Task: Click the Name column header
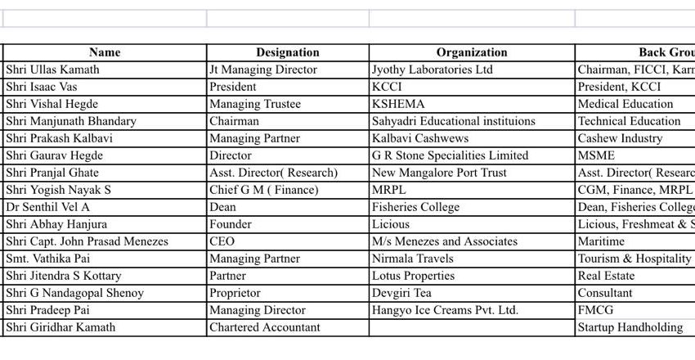[x=105, y=52]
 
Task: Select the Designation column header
[x=287, y=52]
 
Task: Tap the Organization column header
[x=472, y=52]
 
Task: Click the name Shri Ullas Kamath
[x=52, y=70]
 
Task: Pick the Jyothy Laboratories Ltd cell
[x=433, y=70]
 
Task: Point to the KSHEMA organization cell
[x=398, y=104]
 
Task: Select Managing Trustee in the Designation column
[x=255, y=104]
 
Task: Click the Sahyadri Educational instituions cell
[x=454, y=121]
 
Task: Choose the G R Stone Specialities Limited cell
[x=450, y=155]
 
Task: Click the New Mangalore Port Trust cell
[x=439, y=173]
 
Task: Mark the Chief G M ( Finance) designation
[x=264, y=190]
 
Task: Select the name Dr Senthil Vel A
[x=47, y=207]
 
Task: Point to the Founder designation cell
[x=231, y=224]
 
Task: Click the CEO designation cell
[x=222, y=241]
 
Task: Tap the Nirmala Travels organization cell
[x=413, y=259]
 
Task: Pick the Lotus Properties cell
[x=413, y=276]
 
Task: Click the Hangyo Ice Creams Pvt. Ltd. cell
[x=445, y=310]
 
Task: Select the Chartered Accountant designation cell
[x=265, y=327]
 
